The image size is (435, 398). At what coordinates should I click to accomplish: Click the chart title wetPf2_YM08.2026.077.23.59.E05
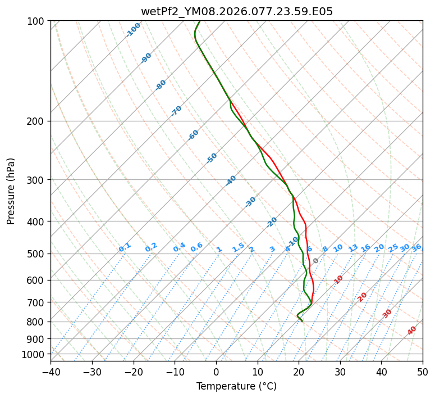coord(236,11)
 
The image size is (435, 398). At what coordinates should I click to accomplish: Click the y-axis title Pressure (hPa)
coord(11,191)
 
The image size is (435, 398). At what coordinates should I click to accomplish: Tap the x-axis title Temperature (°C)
coord(236,386)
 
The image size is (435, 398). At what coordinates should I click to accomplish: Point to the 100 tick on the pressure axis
coord(38,21)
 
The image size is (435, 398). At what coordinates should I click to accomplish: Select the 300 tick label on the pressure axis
coord(38,180)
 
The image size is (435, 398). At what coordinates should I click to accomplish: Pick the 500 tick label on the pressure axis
coord(38,254)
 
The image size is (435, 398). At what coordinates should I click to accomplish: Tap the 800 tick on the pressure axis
coord(38,322)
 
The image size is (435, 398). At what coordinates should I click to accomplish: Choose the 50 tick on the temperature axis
coord(423,372)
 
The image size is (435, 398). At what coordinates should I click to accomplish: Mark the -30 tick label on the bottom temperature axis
coord(92,372)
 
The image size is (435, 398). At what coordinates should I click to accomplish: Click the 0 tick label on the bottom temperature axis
coord(216,372)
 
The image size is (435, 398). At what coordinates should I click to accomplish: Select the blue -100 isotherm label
coord(133,30)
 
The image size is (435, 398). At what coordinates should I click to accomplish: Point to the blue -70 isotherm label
coord(176,111)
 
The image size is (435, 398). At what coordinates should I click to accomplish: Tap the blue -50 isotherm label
coord(212,158)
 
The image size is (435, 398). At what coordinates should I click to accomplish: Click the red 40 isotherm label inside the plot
coord(412,331)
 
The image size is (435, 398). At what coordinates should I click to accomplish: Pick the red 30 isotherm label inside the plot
coord(387,313)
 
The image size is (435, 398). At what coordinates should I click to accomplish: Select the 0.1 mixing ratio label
coord(125,247)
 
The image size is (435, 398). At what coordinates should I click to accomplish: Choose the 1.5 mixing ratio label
coord(238,247)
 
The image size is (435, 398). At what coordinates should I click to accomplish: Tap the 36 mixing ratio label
coord(416,247)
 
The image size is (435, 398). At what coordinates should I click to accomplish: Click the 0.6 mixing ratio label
coord(196,247)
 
